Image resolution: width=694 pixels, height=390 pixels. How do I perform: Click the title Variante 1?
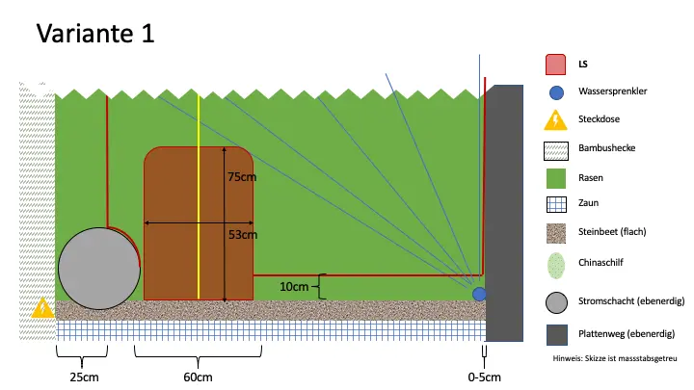(95, 34)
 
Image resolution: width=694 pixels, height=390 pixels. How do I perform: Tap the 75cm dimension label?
(241, 177)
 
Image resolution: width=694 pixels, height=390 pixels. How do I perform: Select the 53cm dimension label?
(242, 233)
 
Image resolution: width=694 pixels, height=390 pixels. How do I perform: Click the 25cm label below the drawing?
(83, 377)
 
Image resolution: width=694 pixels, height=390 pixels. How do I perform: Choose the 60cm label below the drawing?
(198, 377)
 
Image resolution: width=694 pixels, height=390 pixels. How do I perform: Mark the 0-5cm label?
(484, 377)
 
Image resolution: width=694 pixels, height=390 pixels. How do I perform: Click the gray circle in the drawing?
(97, 269)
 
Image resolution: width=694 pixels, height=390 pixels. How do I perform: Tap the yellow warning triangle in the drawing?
(42, 308)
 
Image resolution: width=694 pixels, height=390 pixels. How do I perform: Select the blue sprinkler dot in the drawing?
(479, 294)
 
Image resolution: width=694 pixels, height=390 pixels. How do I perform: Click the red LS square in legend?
(555, 65)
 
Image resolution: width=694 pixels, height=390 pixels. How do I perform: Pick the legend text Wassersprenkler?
(612, 92)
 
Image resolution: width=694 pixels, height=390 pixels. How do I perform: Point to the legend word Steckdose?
(599, 120)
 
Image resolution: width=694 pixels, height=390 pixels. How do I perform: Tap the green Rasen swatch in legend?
(555, 177)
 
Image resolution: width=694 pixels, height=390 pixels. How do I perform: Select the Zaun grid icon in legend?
(555, 205)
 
